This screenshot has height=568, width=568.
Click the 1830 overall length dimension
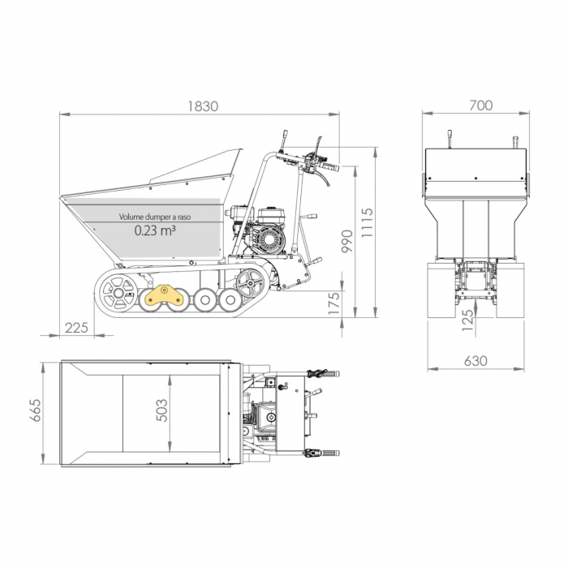203,106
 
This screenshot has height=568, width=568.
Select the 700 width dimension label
480,105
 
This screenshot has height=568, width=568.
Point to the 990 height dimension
346,242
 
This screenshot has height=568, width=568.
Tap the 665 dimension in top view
34,413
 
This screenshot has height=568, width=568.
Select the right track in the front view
512,290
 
